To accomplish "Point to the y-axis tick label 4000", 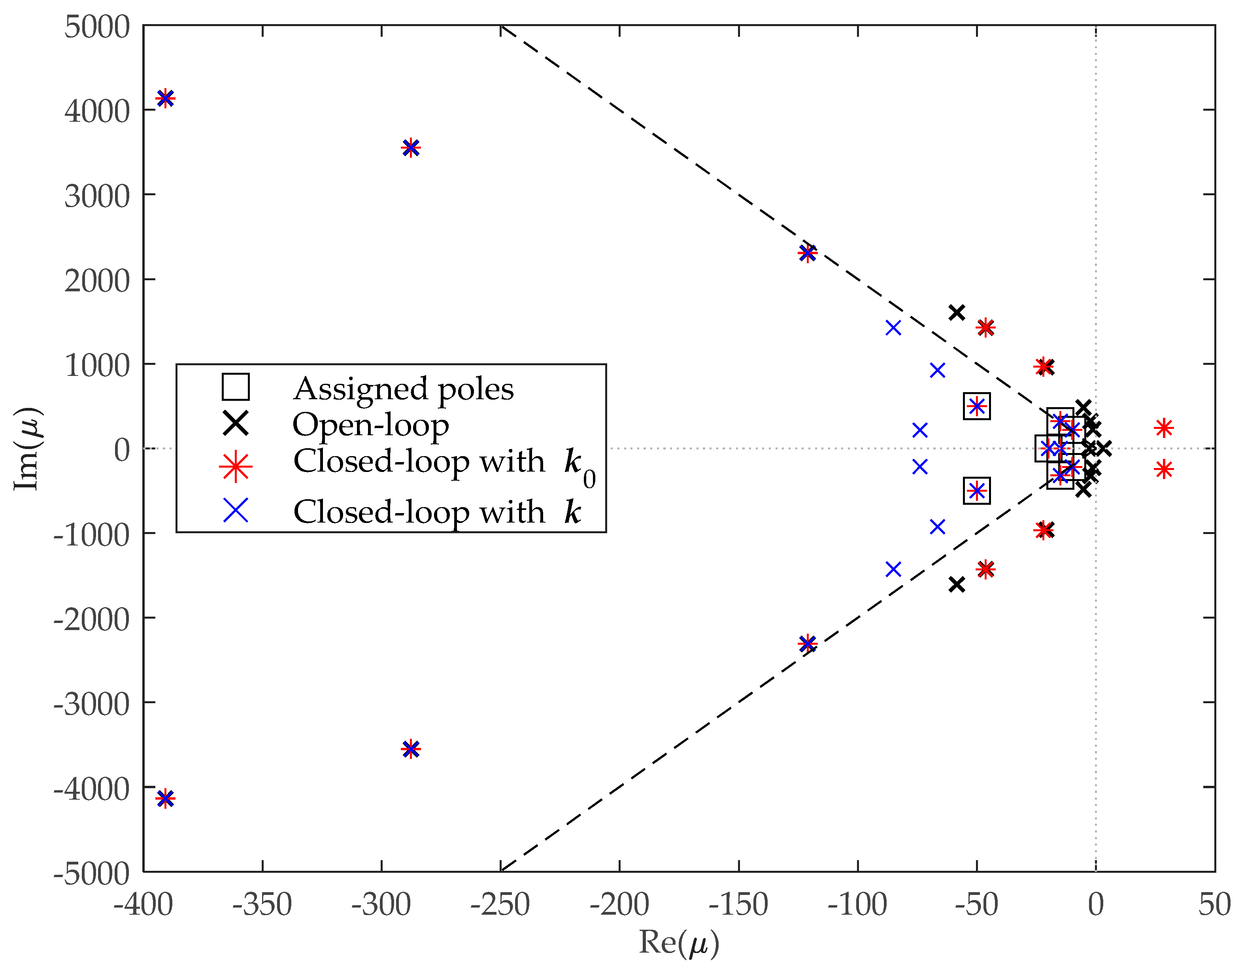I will coord(97,111).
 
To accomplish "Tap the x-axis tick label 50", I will coord(1214,904).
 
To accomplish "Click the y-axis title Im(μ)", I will coord(26,448).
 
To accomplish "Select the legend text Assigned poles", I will coord(403,389).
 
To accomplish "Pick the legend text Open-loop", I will coord(370,425).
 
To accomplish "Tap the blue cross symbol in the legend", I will coord(235,510).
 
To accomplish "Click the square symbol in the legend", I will coord(235,387).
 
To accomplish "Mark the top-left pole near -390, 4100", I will coord(165,98).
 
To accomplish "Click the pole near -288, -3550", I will coord(410,749).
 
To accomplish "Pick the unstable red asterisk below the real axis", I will coord(1163,470).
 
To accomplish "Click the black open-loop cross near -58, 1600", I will coord(956,312).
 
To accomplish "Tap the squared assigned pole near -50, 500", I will coord(976,406).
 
